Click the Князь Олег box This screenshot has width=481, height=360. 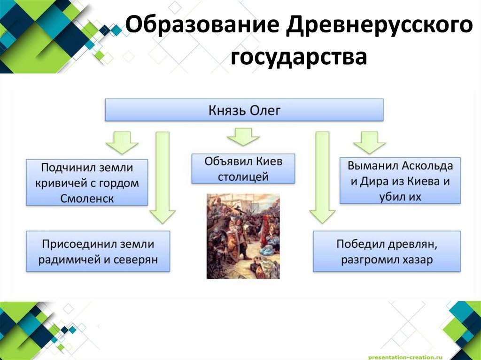tap(244, 111)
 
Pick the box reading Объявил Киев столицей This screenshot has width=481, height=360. tap(243, 169)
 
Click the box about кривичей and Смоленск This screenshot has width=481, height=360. tap(87, 182)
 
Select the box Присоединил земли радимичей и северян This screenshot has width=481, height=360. tap(98, 251)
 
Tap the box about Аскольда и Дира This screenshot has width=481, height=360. tap(400, 181)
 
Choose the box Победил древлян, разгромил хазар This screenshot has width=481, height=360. tap(387, 251)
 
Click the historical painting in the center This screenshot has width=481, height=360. tap(243, 236)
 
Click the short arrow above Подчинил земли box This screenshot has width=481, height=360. tap(122, 142)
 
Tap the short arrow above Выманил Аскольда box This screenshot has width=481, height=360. tap(369, 142)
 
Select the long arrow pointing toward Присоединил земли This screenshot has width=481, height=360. tap(162, 176)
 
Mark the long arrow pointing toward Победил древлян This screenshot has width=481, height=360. tap(322, 176)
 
